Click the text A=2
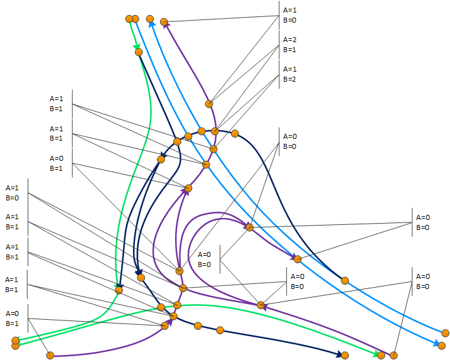[289, 40]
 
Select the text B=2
[289, 79]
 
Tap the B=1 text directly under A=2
[289, 50]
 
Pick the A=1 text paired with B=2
[289, 69]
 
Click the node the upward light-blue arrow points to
[150, 19]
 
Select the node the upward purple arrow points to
[164, 22]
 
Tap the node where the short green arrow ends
[139, 52]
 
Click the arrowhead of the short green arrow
[137, 47]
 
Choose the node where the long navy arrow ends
[345, 356]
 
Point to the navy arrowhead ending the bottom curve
[339, 354]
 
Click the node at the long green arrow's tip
[381, 356]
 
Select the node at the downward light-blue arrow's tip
[442, 346]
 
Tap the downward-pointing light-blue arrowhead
[436, 343]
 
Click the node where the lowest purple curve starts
[50, 356]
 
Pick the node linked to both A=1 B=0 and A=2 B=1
[209, 104]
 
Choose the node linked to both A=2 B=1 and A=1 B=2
[215, 131]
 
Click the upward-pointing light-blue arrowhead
[152, 24]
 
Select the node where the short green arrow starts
[129, 19]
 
